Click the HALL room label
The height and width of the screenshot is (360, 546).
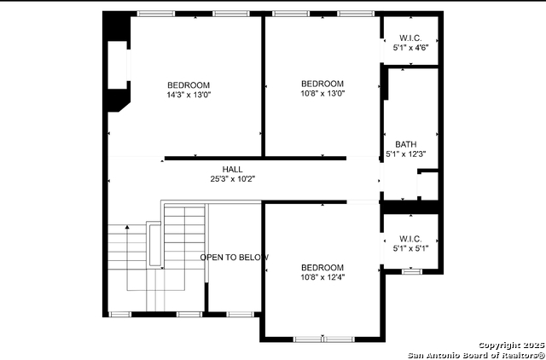(233, 170)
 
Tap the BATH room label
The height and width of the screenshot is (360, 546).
(406, 144)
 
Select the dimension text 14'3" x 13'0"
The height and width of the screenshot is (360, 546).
(189, 95)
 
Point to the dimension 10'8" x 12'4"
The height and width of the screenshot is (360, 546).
(322, 277)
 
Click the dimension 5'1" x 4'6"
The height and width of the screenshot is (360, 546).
(410, 48)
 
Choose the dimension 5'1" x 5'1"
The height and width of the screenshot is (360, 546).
(410, 248)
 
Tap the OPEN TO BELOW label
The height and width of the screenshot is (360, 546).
(235, 258)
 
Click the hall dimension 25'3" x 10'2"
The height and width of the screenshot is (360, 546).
(233, 179)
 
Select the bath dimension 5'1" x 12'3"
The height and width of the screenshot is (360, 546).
(406, 154)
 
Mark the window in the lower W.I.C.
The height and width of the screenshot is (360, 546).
(412, 271)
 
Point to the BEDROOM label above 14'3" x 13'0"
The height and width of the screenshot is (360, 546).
(189, 85)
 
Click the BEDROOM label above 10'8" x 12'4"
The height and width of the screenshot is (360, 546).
(322, 268)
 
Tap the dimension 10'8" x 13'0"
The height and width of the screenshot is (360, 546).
(322, 93)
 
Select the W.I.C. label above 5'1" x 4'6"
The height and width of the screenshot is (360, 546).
(410, 38)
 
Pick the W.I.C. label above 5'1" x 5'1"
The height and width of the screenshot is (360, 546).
(410, 239)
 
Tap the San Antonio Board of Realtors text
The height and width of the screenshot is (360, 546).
(476, 355)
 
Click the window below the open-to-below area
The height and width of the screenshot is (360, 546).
(241, 315)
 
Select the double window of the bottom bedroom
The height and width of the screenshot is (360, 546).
(324, 340)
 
